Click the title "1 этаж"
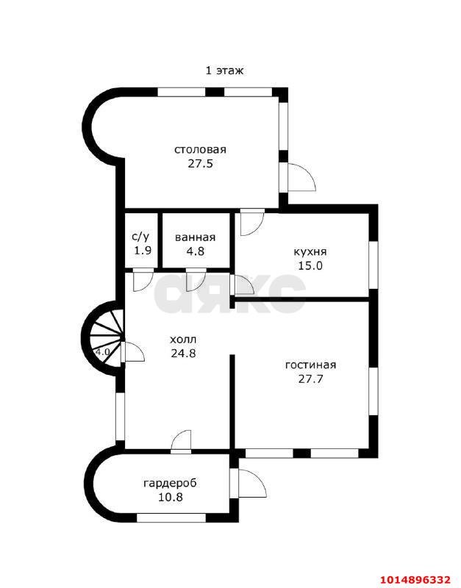tap(224, 71)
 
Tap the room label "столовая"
tap(200, 149)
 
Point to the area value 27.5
tap(200, 163)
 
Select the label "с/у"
tap(140, 237)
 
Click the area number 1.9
tap(143, 250)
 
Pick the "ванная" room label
tap(196, 237)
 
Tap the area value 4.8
tap(196, 251)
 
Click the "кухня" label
tap(310, 252)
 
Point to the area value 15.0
tap(310, 265)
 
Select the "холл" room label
tap(183, 340)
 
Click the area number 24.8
tap(183, 354)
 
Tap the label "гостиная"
tap(310, 365)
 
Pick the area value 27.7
tap(310, 379)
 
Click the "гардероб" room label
tap(170, 484)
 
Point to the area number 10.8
tap(170, 498)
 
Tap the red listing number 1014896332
tap(416, 578)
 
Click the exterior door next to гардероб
tap(249, 483)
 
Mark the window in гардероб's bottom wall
tap(171, 518)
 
